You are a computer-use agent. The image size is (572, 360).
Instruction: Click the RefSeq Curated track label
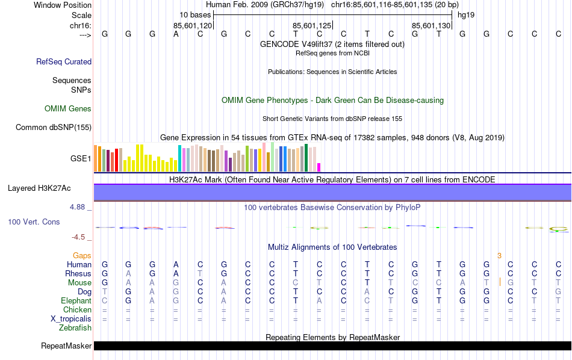coord(64,61)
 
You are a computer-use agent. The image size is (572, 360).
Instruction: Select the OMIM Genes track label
coord(68,108)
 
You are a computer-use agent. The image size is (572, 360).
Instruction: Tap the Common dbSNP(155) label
coord(54,127)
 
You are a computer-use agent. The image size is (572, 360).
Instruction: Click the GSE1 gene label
coord(81,159)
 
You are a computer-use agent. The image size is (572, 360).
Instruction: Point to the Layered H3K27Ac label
coord(39,188)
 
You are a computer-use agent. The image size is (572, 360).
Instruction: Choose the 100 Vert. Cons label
coord(34,222)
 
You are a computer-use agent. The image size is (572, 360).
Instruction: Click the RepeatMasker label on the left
coord(66,346)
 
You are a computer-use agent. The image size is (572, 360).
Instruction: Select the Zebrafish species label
coord(75,328)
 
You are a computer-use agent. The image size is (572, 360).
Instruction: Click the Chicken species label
coord(77,309)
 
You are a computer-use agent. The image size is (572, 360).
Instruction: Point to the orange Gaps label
coord(82,255)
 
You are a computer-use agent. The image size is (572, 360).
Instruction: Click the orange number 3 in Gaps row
coord(499,255)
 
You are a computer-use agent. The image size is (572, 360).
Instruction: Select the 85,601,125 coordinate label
coord(312,25)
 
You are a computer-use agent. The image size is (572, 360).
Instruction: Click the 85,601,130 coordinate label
coord(431,25)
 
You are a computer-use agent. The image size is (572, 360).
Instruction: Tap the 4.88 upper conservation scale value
coord(78,206)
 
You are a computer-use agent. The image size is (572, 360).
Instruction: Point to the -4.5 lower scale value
coord(79,237)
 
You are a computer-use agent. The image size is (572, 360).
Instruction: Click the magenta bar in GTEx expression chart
coord(319,167)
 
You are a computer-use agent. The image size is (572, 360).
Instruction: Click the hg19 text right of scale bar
coord(466,14)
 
